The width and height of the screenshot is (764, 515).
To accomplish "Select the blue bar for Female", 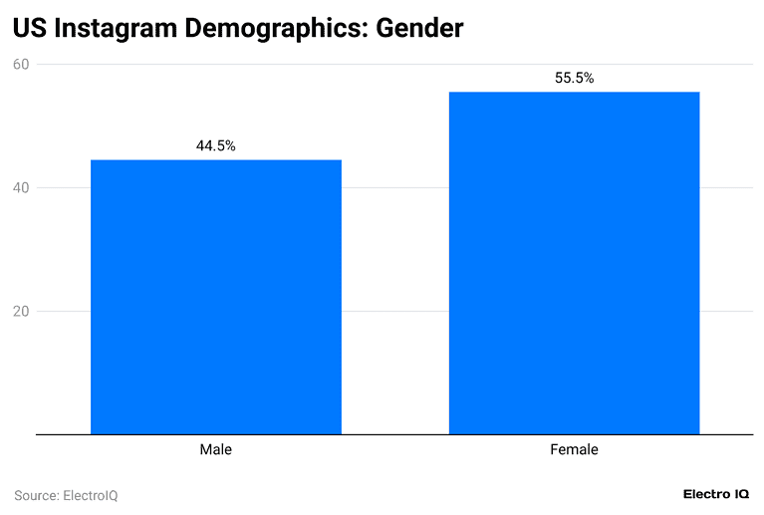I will pos(574,263).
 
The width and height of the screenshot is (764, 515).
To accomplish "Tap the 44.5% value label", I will pos(216,145).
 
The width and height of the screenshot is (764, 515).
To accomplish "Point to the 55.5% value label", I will pos(574,78).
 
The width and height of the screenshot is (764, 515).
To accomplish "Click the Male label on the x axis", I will pos(216,450).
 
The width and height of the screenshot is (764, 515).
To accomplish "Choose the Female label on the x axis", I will pos(574,450).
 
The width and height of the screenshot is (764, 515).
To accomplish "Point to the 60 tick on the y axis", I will pos(21,65).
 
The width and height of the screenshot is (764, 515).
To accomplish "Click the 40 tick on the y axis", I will pos(21,188).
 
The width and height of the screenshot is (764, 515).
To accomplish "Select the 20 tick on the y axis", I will pos(21,311).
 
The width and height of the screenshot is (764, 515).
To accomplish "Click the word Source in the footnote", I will pos(36,495).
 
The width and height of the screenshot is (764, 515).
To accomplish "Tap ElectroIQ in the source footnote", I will pos(91,495).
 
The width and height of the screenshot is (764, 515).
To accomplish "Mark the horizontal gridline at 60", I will pos(398,65).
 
